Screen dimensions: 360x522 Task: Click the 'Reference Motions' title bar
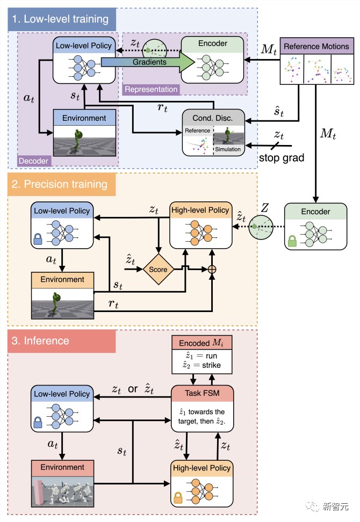coord(316,46)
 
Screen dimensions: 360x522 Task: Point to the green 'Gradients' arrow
coord(148,62)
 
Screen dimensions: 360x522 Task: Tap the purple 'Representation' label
coord(151,89)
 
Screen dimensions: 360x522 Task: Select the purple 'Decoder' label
coord(33,161)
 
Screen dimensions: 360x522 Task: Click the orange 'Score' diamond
coord(158,269)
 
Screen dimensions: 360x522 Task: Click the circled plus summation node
coord(212,269)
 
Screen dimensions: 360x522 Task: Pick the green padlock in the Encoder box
coord(292,241)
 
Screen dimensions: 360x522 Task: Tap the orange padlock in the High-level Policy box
coord(178,497)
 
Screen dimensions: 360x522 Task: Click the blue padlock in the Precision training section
coord(38,238)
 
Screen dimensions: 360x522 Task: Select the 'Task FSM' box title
coord(202,393)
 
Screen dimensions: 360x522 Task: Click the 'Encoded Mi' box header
coord(202,343)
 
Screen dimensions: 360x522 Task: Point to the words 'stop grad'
coord(282,157)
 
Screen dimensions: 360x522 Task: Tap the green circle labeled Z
coord(261,227)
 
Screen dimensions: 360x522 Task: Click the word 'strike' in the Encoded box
coord(212,365)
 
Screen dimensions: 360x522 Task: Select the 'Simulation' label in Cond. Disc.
coord(228,149)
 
